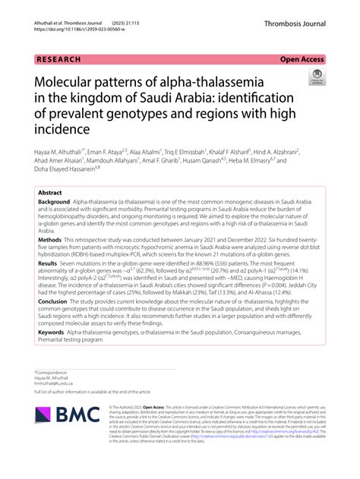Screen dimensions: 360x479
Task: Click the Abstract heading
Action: tap(50, 193)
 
